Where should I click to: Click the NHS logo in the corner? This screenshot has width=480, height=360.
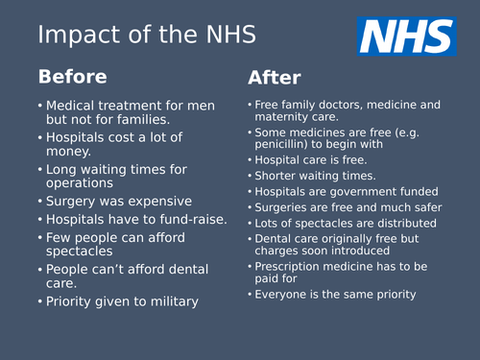pos(406,36)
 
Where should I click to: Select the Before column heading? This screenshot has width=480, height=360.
pos(72,76)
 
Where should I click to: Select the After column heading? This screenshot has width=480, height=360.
pos(275,78)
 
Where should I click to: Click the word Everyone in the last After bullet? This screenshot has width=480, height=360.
pos(286,294)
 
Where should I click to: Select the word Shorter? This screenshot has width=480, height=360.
pos(279,176)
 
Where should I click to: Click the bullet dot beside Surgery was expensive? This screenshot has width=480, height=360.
pos(39,202)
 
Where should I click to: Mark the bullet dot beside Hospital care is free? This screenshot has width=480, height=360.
pos(249,160)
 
